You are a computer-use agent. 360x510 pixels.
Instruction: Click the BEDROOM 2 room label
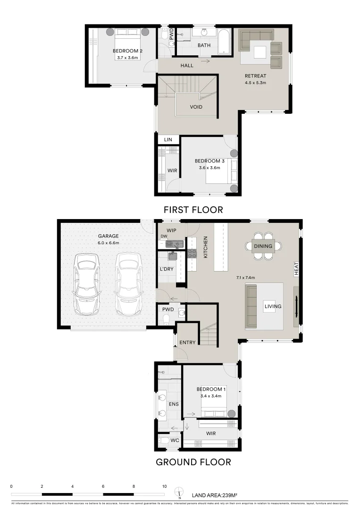point(127,51)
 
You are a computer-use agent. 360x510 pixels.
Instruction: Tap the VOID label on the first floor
point(196,107)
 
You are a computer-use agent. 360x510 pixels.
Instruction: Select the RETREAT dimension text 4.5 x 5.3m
point(255,83)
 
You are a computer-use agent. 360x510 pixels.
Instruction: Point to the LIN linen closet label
point(168,140)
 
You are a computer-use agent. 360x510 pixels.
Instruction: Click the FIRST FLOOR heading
point(193,209)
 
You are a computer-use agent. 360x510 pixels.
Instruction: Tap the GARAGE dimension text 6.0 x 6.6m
point(109,243)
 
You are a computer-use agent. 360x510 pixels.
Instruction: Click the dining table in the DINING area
point(263,246)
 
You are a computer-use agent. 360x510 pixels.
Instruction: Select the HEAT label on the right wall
point(296,270)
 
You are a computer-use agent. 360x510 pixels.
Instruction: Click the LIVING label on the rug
point(273,306)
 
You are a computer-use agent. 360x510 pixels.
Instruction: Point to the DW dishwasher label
point(164,236)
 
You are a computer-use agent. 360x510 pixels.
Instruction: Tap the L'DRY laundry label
point(167,269)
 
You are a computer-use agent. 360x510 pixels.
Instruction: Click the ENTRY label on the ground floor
point(187,342)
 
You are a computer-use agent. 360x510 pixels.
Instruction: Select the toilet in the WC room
point(163,441)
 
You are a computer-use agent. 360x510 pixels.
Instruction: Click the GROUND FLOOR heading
point(193,462)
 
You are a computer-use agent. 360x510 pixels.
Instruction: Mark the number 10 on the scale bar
point(164,486)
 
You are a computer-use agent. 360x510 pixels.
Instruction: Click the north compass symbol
point(179,493)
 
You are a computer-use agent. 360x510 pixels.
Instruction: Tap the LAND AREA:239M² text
point(214,495)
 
